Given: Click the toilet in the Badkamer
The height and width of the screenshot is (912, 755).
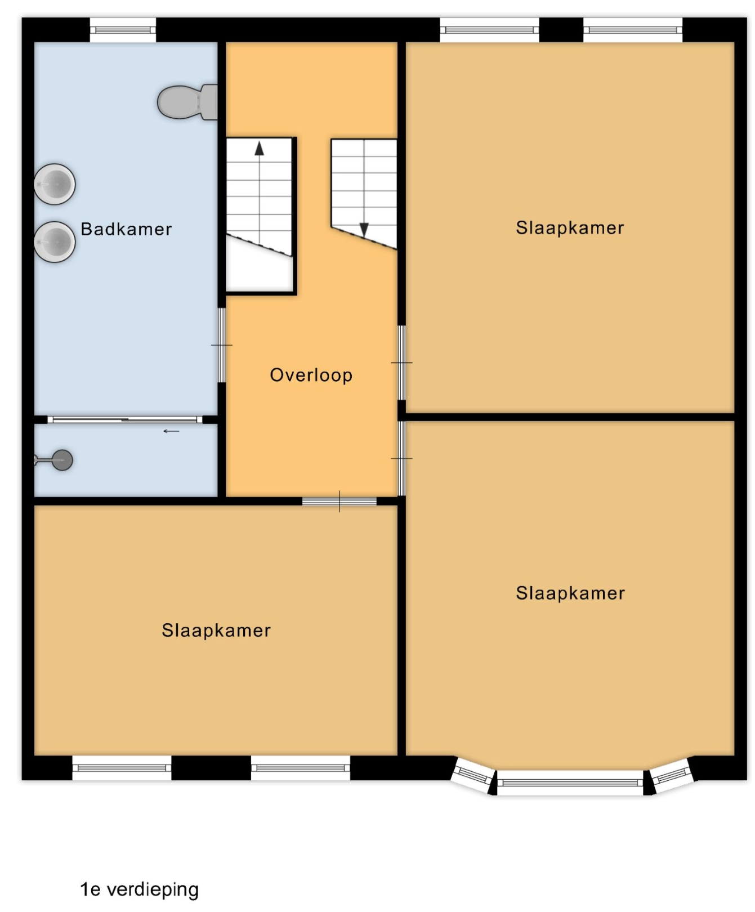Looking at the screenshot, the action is [x=187, y=102].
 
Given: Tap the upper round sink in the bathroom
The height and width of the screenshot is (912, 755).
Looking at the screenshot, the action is [x=55, y=184].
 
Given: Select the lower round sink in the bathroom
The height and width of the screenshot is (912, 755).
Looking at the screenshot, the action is [x=55, y=242].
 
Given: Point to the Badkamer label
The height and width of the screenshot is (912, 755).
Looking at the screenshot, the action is [x=126, y=229].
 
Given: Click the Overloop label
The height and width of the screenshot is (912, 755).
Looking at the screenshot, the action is [x=311, y=375].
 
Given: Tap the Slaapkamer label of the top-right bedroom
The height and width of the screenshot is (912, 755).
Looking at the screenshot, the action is [x=570, y=228].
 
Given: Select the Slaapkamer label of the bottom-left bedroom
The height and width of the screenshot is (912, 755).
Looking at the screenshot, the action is [x=216, y=631].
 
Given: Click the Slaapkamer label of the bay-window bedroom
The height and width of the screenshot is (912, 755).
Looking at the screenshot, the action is [x=570, y=593].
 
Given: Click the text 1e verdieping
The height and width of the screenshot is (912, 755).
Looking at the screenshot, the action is [x=140, y=890].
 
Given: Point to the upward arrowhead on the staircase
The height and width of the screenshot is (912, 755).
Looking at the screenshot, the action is [x=259, y=148].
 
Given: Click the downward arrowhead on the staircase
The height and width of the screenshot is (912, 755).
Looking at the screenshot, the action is [x=364, y=230].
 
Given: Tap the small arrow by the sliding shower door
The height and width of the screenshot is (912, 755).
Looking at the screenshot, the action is [x=171, y=432].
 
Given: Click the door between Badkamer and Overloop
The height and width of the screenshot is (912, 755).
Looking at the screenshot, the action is [x=222, y=345].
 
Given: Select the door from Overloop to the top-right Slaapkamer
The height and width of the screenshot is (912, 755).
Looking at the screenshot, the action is [x=401, y=363].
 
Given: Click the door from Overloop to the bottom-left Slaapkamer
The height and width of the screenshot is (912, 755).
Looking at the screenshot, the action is [x=339, y=501].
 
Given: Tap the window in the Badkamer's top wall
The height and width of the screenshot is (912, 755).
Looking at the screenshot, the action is [x=123, y=29].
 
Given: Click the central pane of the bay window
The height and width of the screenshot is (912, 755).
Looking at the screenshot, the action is [x=570, y=783].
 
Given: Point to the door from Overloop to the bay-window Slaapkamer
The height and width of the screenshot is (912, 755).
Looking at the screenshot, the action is [x=401, y=458].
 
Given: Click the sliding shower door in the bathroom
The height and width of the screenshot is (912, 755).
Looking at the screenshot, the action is [x=125, y=419].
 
